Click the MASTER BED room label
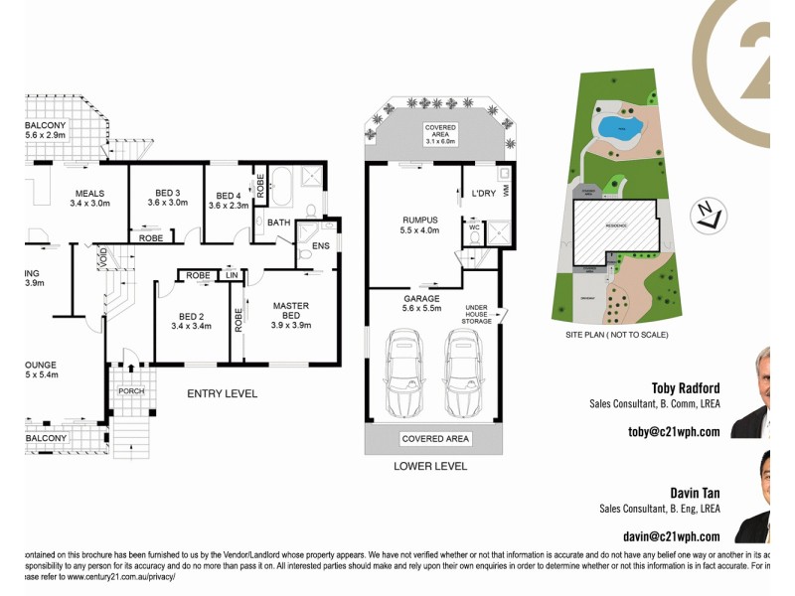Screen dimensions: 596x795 coord(291,317)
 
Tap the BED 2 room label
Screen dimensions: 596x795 coord(191,317)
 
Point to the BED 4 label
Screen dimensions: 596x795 coord(228,200)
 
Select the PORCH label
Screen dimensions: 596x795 coord(132,391)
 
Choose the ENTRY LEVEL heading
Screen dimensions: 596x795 coord(223,394)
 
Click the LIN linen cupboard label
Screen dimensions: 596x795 coord(232,275)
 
